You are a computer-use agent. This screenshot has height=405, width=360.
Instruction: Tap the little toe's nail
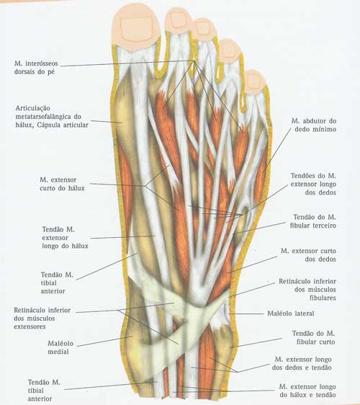click(253, 80)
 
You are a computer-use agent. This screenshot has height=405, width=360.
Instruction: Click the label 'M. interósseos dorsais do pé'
click(36, 68)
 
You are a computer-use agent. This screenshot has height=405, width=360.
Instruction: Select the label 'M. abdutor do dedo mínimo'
click(314, 125)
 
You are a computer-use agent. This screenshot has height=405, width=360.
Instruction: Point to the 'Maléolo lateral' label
click(291, 313)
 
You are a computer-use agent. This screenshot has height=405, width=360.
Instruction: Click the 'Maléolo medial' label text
click(60, 347)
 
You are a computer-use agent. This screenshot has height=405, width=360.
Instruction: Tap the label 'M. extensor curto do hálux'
click(62, 184)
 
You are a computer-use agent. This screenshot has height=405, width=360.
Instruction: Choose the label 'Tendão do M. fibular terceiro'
click(313, 221)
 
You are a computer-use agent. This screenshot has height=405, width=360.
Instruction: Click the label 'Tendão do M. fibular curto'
click(313, 337)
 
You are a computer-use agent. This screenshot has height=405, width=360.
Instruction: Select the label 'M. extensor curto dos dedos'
click(308, 255)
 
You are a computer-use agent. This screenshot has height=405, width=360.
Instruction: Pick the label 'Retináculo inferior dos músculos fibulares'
click(307, 290)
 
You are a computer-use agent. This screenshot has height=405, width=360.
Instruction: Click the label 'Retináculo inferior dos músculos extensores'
click(42, 319)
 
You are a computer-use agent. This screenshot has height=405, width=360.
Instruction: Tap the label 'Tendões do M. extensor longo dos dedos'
click(313, 184)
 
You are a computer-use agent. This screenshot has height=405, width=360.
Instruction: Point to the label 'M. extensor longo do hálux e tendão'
click(307, 391)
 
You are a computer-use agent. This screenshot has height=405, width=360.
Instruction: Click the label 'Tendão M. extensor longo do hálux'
click(65, 238)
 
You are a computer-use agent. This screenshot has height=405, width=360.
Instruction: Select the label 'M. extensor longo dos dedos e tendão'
click(302, 363)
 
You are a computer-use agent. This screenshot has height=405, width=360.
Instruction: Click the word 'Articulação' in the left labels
click(33, 108)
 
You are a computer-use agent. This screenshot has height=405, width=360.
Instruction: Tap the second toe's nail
click(178, 20)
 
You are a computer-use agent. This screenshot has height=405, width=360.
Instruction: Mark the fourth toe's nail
click(228, 50)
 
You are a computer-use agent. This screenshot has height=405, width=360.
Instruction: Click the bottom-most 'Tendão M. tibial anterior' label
click(44, 391)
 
